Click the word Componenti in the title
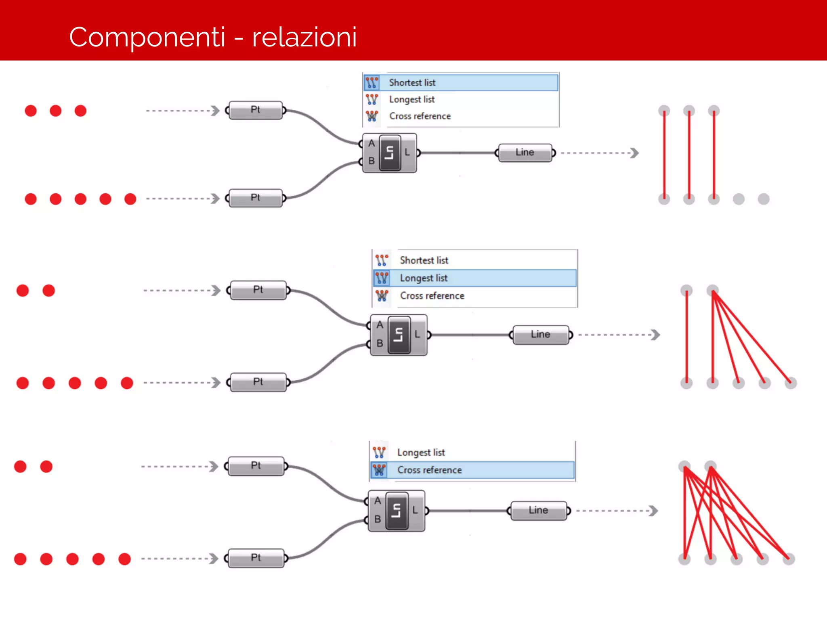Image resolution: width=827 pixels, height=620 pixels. [147, 37]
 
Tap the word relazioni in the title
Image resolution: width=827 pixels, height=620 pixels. [304, 37]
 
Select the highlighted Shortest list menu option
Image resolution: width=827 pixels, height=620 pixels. [412, 83]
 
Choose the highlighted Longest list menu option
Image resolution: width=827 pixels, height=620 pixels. [424, 278]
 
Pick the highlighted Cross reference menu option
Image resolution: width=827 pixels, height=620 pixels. [429, 470]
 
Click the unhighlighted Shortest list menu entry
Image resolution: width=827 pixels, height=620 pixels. [424, 260]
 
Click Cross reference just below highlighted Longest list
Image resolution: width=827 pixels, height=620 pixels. [432, 296]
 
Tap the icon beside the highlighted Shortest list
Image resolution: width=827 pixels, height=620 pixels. [372, 83]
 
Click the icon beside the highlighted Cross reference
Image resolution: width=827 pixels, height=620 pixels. [379, 470]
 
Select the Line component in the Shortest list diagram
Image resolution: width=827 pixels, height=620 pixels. [525, 153]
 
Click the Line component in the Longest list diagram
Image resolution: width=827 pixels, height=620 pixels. [540, 335]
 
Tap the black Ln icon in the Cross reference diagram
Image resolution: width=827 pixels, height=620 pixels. [397, 511]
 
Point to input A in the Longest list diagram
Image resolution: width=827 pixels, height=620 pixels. [380, 325]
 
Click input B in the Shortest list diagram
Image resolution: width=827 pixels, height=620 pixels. [372, 161]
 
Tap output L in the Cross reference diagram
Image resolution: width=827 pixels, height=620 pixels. [415, 510]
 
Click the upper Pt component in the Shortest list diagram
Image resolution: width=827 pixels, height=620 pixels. [256, 110]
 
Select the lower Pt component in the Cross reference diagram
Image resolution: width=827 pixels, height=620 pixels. [256, 558]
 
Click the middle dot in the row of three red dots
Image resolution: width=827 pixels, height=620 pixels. [56, 111]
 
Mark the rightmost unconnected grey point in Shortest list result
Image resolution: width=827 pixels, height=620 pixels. [763, 199]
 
